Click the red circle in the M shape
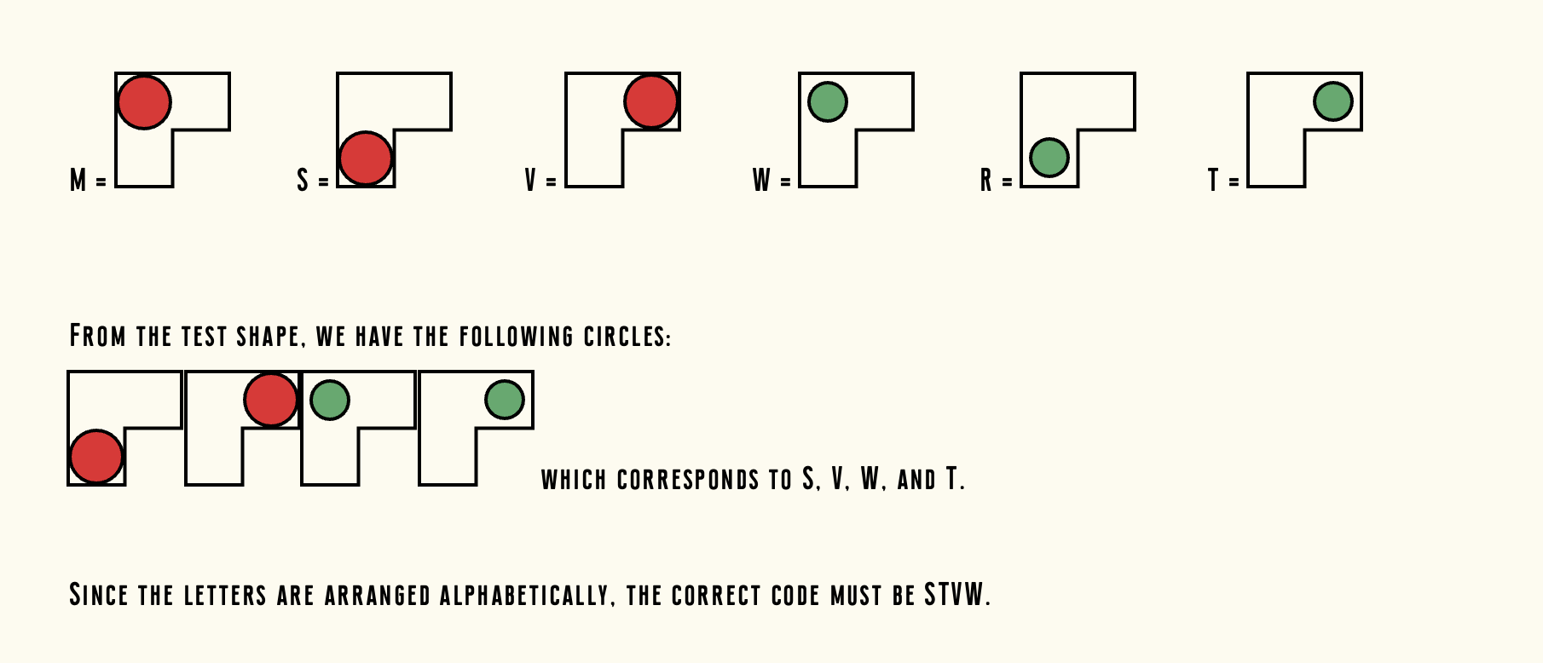(144, 102)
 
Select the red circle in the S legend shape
(366, 159)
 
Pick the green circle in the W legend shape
(827, 102)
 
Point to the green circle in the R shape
(1049, 158)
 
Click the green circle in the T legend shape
(1333, 101)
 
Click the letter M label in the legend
(78, 181)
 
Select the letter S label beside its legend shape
(303, 181)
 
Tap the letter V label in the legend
(530, 181)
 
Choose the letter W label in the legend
(761, 181)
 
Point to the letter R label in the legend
(986, 181)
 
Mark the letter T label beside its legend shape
(1213, 181)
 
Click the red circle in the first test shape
(96, 457)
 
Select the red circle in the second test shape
(270, 400)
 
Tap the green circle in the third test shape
(330, 400)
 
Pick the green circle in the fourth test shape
(505, 400)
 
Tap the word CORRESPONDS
(688, 480)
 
